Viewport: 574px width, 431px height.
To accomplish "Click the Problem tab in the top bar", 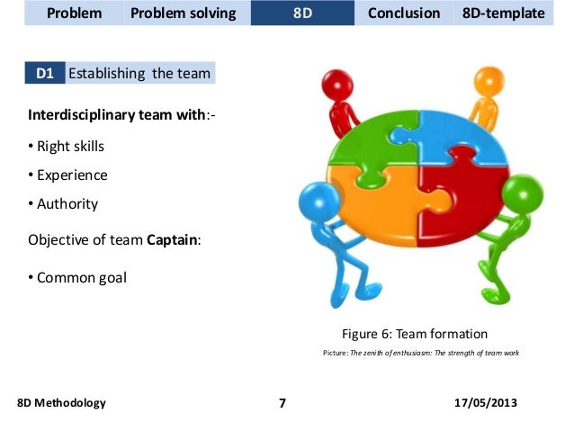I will click(x=74, y=13).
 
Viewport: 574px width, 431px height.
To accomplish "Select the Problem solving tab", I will click(x=183, y=13).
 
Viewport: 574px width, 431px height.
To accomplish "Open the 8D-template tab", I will click(x=503, y=13).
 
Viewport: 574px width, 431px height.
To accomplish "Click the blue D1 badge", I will click(x=44, y=73).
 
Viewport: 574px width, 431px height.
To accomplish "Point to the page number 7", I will click(x=282, y=403).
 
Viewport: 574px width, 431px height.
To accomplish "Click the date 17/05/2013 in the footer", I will click(x=487, y=402).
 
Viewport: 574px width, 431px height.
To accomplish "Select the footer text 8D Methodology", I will click(x=61, y=402).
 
